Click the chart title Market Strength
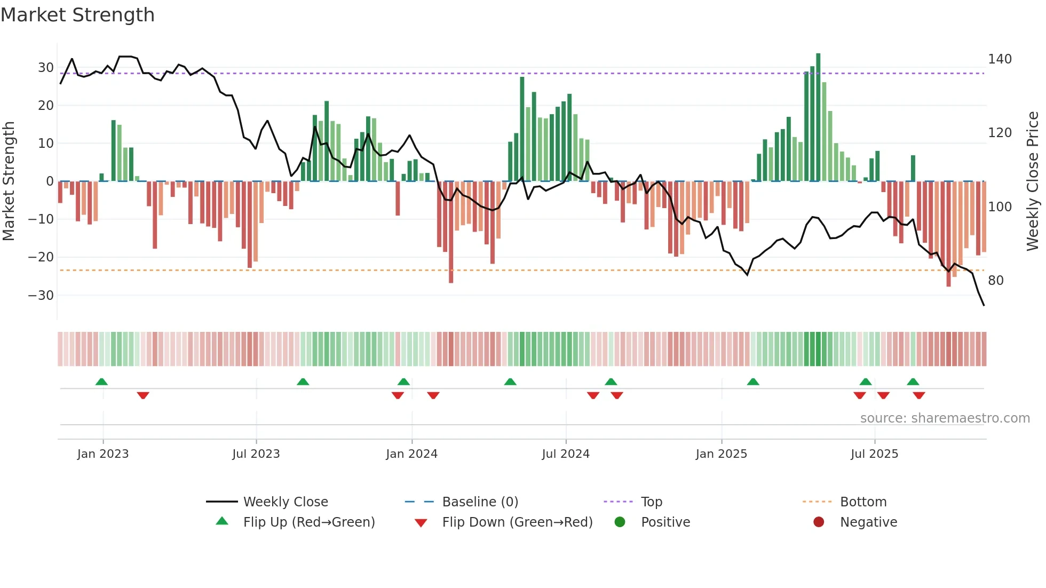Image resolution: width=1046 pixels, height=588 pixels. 78,15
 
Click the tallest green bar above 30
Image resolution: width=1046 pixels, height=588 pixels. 818,117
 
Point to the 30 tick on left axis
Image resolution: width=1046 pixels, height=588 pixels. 46,68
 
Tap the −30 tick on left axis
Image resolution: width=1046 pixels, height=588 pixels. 41,296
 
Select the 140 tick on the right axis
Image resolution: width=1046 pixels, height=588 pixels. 1000,59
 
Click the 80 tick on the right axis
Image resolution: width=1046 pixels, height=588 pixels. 996,281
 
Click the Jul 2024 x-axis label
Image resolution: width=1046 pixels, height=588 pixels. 566,454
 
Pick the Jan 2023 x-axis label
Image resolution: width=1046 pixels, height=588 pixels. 103,454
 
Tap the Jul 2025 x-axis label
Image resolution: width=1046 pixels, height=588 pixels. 874,454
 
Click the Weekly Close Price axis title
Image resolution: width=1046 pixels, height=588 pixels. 1033,181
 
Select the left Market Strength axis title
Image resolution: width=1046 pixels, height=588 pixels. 9,181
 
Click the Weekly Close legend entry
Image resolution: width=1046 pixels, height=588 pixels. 286,502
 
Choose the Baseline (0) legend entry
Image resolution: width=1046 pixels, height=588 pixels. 480,502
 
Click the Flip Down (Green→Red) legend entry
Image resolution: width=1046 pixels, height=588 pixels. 517,522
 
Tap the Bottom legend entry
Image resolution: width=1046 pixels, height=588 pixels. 863,502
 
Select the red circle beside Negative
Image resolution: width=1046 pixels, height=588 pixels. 819,522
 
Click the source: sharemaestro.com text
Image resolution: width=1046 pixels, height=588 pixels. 945,418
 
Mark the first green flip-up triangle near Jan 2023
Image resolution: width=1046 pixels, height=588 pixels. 101,382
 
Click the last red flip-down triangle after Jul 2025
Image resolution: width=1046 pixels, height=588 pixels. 919,395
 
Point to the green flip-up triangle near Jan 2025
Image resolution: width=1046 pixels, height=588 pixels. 753,382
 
